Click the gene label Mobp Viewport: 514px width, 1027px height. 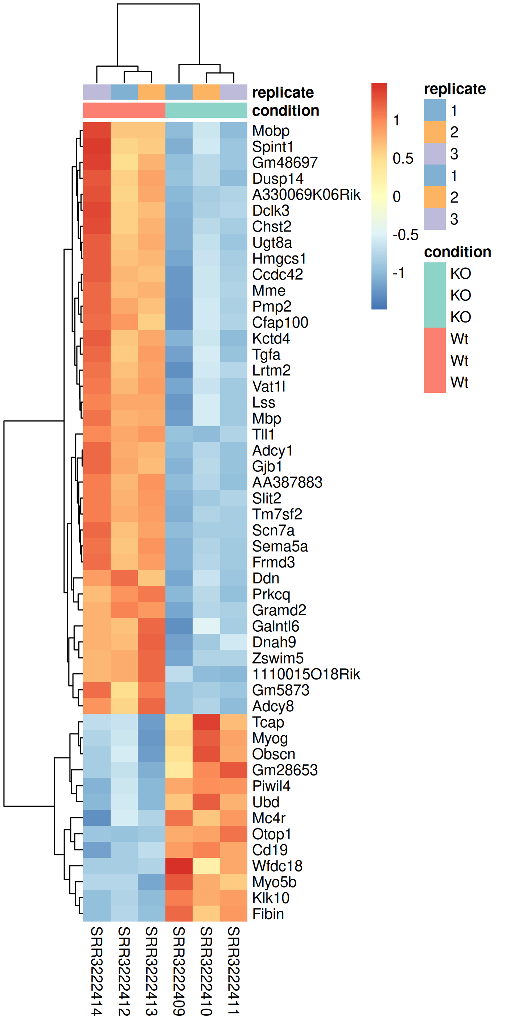click(x=271, y=131)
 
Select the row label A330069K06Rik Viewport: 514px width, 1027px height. click(x=306, y=195)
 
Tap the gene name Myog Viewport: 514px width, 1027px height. click(x=270, y=738)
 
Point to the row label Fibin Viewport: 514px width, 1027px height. click(x=268, y=914)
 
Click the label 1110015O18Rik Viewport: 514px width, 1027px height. click(x=306, y=674)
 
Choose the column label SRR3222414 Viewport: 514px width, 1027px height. click(x=96, y=971)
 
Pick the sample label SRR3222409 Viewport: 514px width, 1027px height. click(x=179, y=971)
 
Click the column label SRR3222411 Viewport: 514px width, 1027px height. click(x=234, y=971)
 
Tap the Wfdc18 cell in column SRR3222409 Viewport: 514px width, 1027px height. click(x=179, y=866)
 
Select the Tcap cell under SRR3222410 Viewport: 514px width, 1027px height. click(x=206, y=722)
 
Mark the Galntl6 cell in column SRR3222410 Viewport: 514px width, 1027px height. click(x=206, y=626)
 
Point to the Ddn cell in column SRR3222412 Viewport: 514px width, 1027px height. click(x=124, y=578)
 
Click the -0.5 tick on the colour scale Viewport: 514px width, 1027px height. click(x=405, y=235)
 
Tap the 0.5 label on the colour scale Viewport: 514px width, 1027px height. click(x=403, y=158)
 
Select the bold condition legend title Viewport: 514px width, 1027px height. click(x=457, y=252)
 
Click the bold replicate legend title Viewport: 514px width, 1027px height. click(x=455, y=89)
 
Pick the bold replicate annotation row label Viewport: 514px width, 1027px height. click(x=283, y=92)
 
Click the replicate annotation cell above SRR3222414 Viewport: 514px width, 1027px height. click(x=96, y=92)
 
